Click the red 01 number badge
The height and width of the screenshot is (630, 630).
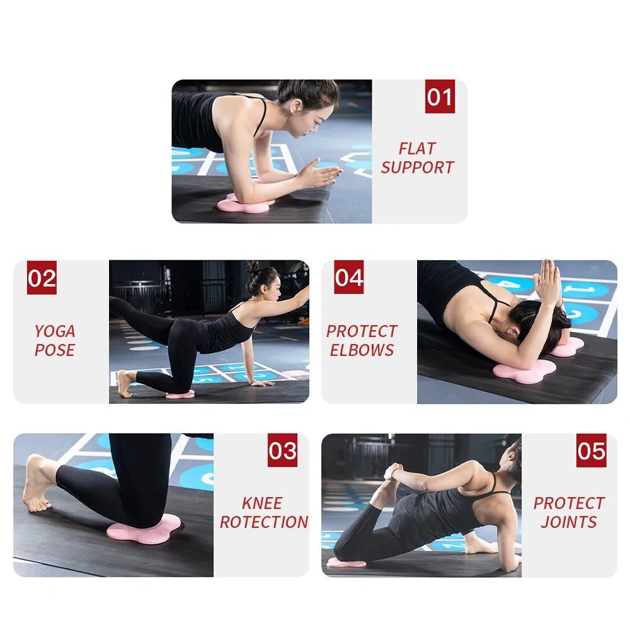click(x=440, y=98)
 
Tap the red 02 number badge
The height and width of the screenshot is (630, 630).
click(x=42, y=278)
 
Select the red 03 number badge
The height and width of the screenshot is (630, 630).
click(x=282, y=451)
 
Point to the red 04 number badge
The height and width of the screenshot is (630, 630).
click(x=349, y=278)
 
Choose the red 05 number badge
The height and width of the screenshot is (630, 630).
click(x=591, y=451)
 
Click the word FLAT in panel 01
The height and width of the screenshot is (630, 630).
click(x=417, y=149)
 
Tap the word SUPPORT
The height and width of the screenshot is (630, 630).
click(x=417, y=168)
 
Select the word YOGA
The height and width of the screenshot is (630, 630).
click(x=55, y=331)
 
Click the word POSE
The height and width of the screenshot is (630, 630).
click(x=55, y=350)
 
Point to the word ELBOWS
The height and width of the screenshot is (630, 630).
click(x=362, y=350)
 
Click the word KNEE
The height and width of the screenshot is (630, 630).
click(x=262, y=503)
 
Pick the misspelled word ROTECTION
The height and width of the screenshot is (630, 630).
click(x=264, y=522)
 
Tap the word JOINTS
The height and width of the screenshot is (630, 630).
click(x=569, y=522)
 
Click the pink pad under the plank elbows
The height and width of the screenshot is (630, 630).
click(x=244, y=204)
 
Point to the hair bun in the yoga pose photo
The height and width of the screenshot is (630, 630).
click(x=253, y=268)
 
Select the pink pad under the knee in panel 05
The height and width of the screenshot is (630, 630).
click(x=346, y=563)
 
